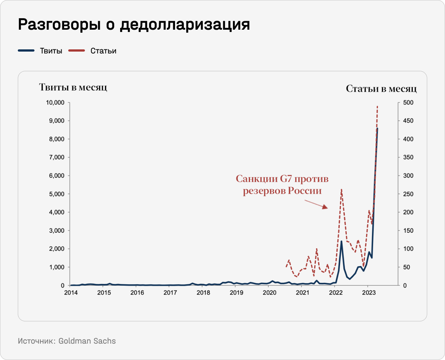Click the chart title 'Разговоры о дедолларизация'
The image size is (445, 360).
tap(134, 24)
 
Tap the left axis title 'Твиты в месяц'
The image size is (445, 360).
tap(73, 88)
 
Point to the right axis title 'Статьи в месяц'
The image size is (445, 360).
tap(381, 89)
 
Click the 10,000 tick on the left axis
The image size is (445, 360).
tap(55, 102)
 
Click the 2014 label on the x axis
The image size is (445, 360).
tap(71, 292)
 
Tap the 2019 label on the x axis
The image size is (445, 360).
tap(236, 292)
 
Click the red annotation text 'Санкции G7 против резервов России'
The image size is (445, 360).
tap(282, 185)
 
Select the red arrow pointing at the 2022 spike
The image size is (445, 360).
tap(316, 204)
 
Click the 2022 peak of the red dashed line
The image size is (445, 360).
tap(341, 190)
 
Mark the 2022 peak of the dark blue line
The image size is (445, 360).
tap(341, 241)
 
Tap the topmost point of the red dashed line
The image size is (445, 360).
tap(377, 106)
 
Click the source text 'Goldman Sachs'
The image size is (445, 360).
tap(87, 341)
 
